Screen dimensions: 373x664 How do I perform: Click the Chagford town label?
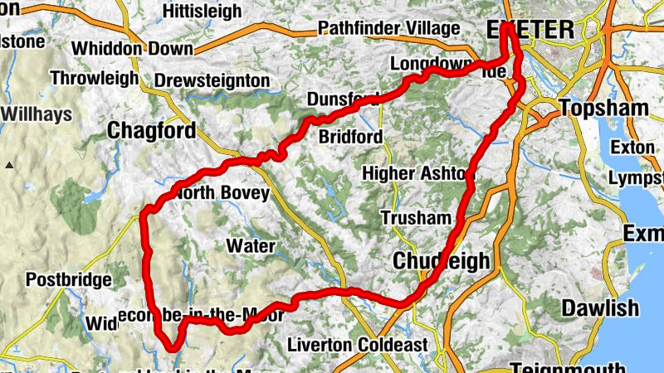pos(152,131)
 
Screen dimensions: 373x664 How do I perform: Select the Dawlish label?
pos(600,308)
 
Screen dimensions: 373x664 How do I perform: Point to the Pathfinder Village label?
pos(388,29)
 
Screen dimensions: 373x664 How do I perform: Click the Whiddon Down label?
pos(132,48)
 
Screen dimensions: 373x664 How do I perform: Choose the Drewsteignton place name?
pos(212,81)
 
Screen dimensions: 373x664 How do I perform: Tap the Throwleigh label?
pos(94,79)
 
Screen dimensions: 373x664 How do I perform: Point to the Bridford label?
pos(350,137)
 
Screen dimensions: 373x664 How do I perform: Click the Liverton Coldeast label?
pos(358,344)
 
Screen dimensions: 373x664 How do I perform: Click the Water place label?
pos(250,246)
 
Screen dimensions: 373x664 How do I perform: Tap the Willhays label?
pos(37,114)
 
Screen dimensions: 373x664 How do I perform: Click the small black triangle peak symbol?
pos(9,165)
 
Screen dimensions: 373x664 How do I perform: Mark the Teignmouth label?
pos(567,367)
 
